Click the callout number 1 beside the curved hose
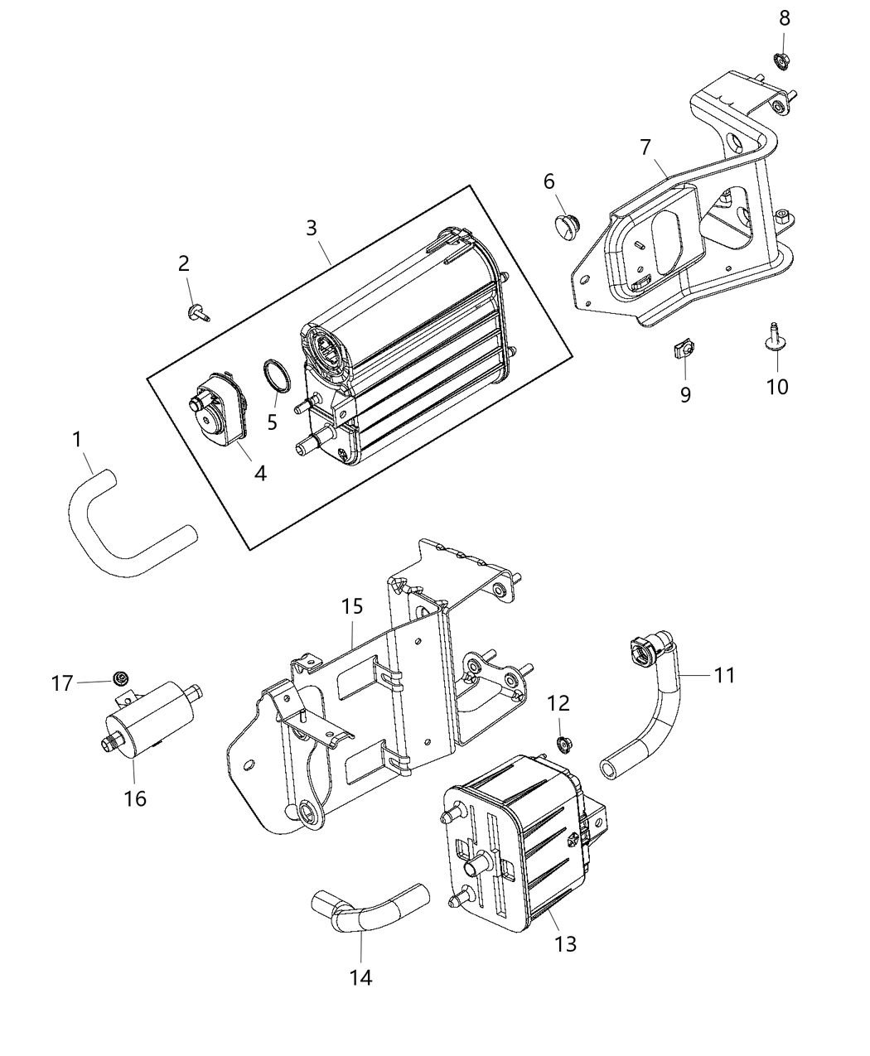tap(77, 440)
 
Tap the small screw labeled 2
tap(197, 312)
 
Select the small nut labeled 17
tap(120, 680)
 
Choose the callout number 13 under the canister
tap(566, 943)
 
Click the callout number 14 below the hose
tap(360, 977)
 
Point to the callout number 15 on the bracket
tap(352, 606)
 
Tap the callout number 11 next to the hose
tap(724, 676)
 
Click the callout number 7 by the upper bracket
tap(646, 147)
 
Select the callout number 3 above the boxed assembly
tap(311, 227)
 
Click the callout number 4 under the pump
tap(260, 473)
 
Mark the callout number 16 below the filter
tap(134, 798)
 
